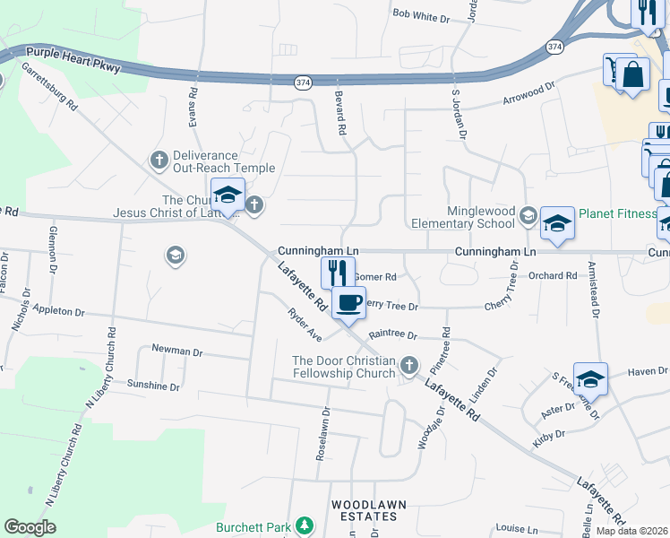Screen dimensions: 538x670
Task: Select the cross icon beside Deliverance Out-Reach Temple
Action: [x=159, y=161]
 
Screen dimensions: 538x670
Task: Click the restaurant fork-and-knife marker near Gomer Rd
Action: [x=338, y=272]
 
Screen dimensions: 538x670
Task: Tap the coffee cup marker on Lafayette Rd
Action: [x=348, y=301]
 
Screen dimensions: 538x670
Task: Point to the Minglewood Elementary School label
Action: [x=462, y=217]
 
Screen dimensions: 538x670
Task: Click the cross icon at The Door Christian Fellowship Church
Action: [x=409, y=364]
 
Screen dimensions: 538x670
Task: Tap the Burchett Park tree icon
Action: [x=305, y=525]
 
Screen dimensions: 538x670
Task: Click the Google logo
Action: [x=30, y=527]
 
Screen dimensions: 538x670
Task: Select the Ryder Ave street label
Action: [x=305, y=325]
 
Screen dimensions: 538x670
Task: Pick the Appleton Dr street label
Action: [x=57, y=312]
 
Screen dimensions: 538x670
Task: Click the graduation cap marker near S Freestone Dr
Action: [x=591, y=378]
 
